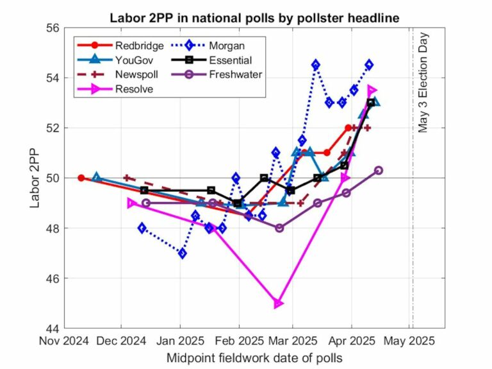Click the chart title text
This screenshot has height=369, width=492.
[254, 18]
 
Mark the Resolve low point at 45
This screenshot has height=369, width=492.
[278, 304]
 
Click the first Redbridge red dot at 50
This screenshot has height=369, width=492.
[81, 178]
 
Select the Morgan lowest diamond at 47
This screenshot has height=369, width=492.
[183, 253]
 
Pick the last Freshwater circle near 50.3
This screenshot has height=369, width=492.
[379, 170]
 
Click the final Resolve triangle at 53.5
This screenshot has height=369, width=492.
[372, 90]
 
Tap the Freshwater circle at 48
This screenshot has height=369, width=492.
[279, 228]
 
